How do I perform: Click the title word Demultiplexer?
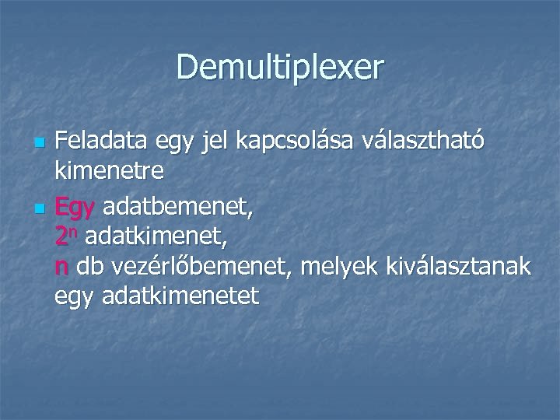(x=280, y=67)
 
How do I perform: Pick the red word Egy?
(x=75, y=208)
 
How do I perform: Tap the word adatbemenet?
(x=177, y=207)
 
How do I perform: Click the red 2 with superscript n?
(x=65, y=235)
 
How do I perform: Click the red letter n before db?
(x=61, y=268)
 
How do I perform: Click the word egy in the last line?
(x=72, y=296)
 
